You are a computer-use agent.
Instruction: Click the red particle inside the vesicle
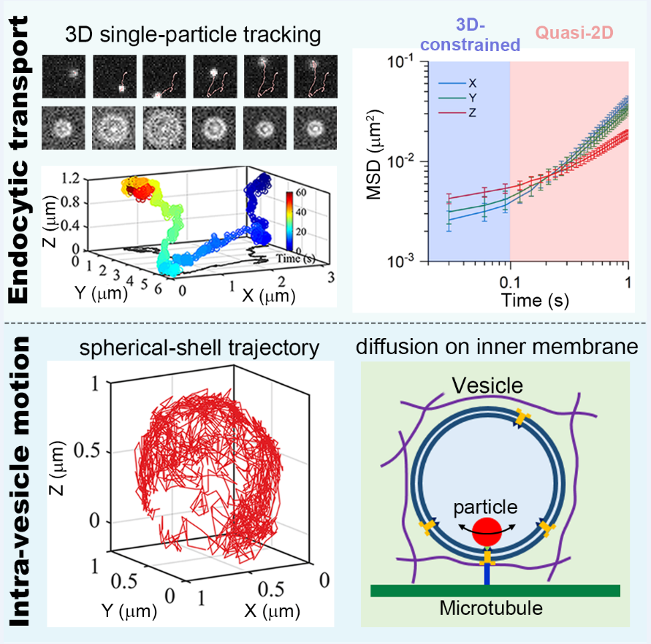click(x=487, y=533)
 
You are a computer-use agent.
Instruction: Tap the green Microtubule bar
click(x=495, y=590)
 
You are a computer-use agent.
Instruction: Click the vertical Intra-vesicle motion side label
click(x=23, y=483)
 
